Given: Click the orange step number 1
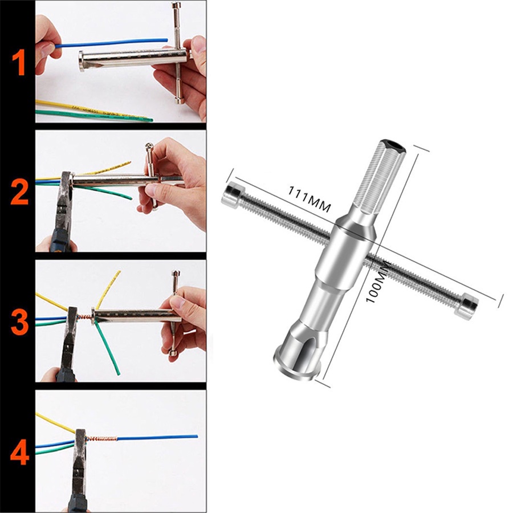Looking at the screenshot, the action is [x=19, y=64].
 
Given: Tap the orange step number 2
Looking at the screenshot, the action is [x=19, y=193].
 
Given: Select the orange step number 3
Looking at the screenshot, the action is [x=19, y=323].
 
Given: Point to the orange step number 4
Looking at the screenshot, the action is [x=19, y=453].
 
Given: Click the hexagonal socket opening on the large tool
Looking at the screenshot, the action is [x=393, y=145].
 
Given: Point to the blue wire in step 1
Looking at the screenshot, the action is [x=111, y=43].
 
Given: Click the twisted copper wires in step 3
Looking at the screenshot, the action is [x=84, y=317].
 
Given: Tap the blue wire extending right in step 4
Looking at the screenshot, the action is [x=158, y=437].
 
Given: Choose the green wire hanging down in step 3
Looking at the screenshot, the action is [x=107, y=346].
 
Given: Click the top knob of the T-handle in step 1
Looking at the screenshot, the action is [x=177, y=6].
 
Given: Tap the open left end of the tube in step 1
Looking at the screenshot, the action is [x=82, y=61].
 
